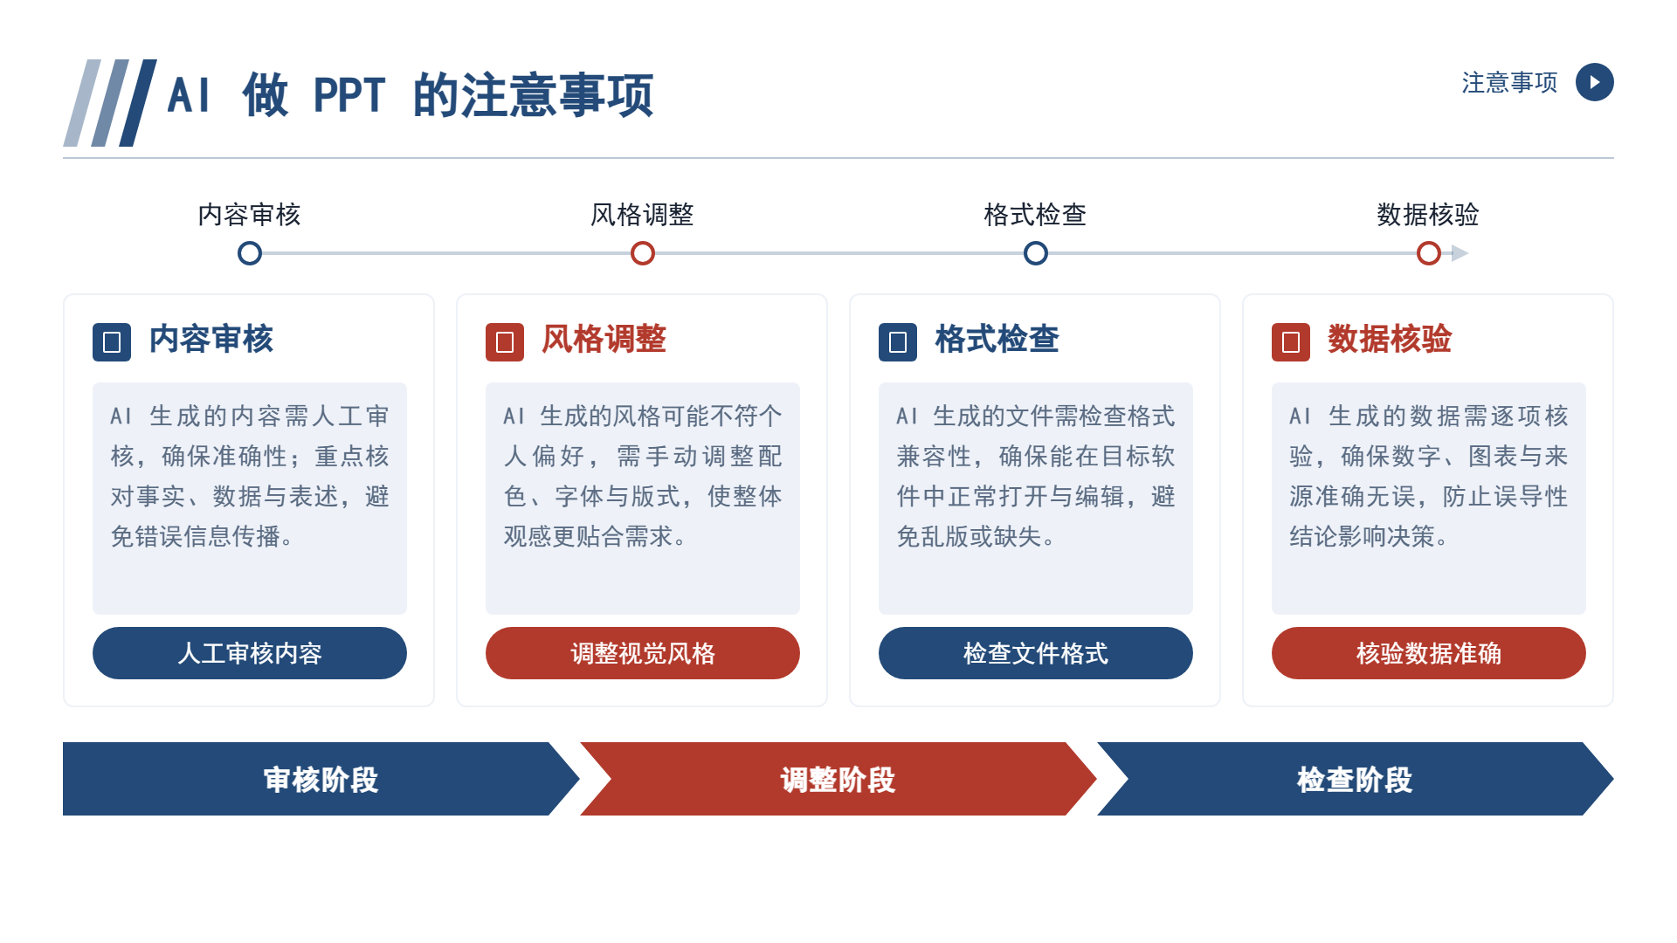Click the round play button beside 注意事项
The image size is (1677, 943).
pyautogui.click(x=1594, y=82)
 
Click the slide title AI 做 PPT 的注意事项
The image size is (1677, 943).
pyautogui.click(x=411, y=95)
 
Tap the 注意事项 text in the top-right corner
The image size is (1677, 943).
pyautogui.click(x=1509, y=83)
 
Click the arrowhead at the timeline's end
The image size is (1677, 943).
pyautogui.click(x=1460, y=253)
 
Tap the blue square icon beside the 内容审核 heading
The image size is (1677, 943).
pyautogui.click(x=112, y=342)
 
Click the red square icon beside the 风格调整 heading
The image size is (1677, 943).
pyautogui.click(x=505, y=342)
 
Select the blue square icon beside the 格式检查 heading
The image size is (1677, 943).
pyautogui.click(x=898, y=342)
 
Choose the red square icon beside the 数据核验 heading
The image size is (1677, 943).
pyautogui.click(x=1291, y=342)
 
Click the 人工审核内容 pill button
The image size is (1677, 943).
pyautogui.click(x=250, y=653)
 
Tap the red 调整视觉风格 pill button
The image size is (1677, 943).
pyautogui.click(x=643, y=653)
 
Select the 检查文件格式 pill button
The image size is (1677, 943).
pyautogui.click(x=1036, y=653)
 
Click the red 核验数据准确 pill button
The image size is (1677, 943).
pyautogui.click(x=1429, y=653)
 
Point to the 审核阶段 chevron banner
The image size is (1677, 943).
pyautogui.click(x=321, y=779)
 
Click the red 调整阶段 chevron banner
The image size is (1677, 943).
pyautogui.click(x=838, y=779)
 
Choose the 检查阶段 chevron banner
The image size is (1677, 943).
pyautogui.click(x=1356, y=779)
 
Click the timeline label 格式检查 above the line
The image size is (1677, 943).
pyautogui.click(x=1035, y=215)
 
